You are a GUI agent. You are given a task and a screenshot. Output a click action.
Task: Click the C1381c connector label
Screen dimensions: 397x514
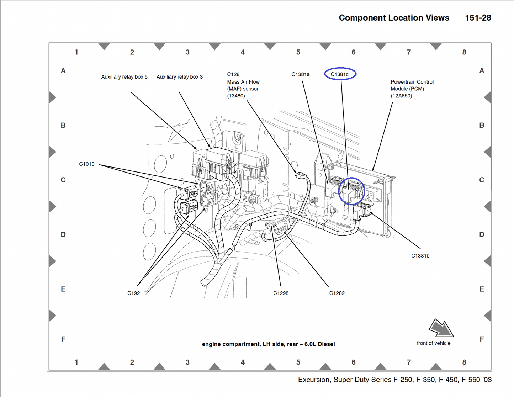click(x=340, y=74)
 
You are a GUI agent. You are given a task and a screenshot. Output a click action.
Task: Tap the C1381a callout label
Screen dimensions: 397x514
click(x=301, y=74)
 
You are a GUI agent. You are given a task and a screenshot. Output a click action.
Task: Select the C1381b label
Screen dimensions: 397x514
click(x=420, y=256)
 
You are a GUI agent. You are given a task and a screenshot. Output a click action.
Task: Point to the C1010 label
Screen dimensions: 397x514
click(x=87, y=164)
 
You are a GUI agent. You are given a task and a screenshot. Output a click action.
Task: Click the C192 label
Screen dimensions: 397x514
click(x=133, y=293)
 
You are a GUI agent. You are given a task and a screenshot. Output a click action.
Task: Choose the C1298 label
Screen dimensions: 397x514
click(x=281, y=293)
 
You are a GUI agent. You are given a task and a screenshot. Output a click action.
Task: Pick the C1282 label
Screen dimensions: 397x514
click(x=337, y=293)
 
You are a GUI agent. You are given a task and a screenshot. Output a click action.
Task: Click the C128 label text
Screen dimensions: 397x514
click(x=233, y=74)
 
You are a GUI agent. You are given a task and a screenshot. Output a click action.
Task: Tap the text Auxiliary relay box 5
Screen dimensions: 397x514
click(x=124, y=77)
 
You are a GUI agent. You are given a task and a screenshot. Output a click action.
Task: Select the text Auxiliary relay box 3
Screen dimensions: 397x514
click(x=180, y=77)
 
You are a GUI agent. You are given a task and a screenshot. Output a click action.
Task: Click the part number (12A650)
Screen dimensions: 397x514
click(x=401, y=96)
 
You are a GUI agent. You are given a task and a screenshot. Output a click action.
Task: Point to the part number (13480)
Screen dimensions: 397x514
click(x=236, y=96)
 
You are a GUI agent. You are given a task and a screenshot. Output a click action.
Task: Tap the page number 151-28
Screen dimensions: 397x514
click(x=478, y=18)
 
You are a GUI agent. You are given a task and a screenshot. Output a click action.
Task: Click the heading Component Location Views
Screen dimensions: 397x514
click(x=394, y=18)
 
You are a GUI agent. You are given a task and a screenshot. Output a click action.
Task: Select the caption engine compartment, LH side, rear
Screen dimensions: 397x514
click(x=268, y=344)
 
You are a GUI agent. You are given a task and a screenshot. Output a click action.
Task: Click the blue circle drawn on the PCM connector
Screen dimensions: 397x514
click(x=351, y=191)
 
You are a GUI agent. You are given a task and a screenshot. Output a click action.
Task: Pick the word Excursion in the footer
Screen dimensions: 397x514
click(x=313, y=380)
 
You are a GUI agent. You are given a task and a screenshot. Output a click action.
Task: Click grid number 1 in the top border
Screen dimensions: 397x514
click(x=76, y=52)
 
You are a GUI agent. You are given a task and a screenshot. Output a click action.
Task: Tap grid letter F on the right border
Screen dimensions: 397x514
click(x=482, y=339)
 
